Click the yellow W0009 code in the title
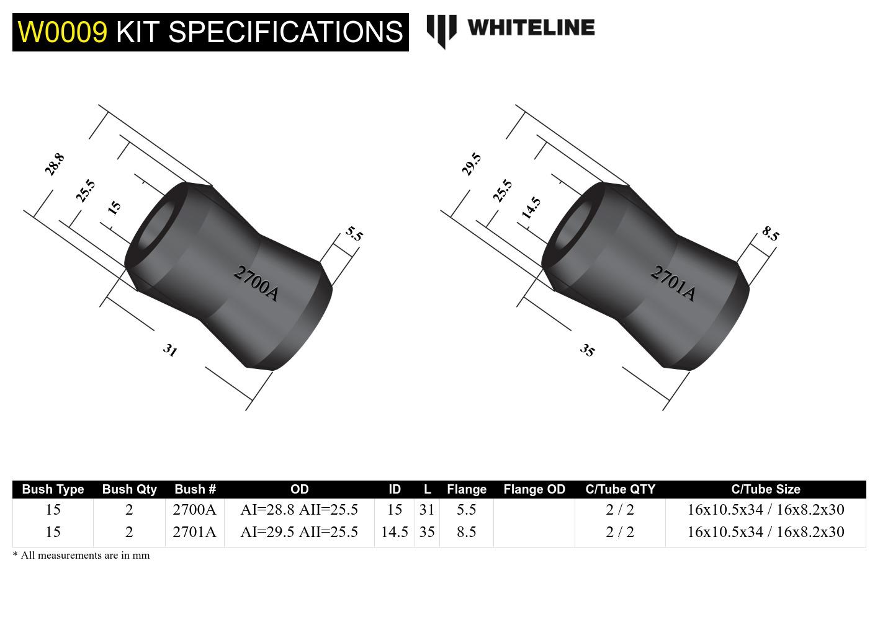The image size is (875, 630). [x=62, y=32]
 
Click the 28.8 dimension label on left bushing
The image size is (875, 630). [x=55, y=164]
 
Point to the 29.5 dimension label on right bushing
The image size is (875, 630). [x=472, y=164]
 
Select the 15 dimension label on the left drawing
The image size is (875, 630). [x=114, y=208]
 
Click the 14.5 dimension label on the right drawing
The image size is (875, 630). [x=531, y=208]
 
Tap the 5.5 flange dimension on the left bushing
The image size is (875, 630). [x=354, y=234]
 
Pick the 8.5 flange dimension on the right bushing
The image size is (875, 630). [x=771, y=234]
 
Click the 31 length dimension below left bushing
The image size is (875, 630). [x=170, y=350]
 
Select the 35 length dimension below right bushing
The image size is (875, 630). [x=587, y=350]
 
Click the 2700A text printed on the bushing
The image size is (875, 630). [x=256, y=283]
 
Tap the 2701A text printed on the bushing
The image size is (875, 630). [x=673, y=283]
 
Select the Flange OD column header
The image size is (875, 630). [x=534, y=489]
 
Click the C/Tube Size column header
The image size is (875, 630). [x=765, y=489]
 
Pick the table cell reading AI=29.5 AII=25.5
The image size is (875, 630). [x=299, y=532]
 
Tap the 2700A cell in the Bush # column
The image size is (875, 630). [x=194, y=510]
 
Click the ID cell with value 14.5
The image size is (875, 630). [x=394, y=532]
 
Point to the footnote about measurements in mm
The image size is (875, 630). [x=81, y=555]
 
